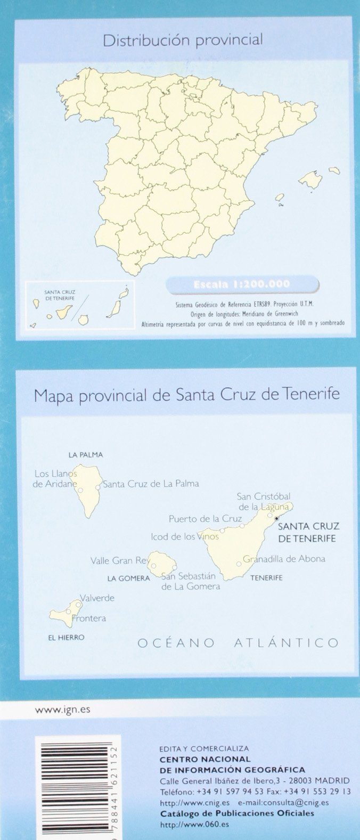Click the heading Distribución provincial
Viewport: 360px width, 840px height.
click(x=183, y=40)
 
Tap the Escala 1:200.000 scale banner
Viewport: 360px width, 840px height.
click(x=242, y=284)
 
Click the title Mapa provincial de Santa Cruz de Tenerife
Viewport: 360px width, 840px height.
click(x=186, y=395)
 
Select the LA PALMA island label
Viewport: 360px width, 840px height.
click(x=85, y=455)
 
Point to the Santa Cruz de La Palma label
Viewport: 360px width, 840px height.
click(x=151, y=484)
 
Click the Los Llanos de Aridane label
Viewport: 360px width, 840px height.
click(x=55, y=478)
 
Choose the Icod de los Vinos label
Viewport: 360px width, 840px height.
click(x=185, y=536)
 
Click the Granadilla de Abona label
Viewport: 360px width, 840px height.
click(x=284, y=559)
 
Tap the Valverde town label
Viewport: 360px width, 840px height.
click(x=97, y=598)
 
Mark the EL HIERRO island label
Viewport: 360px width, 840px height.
click(x=66, y=637)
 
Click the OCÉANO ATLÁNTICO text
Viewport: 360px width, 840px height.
click(x=238, y=643)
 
